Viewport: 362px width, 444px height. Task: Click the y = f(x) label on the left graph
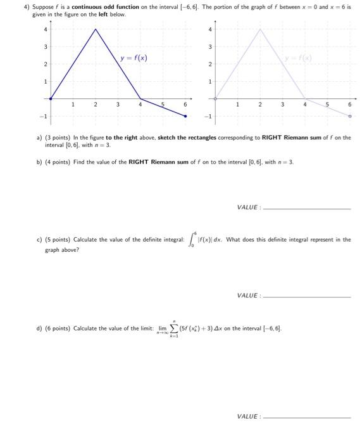(134, 58)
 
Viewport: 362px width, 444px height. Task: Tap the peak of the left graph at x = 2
(96, 29)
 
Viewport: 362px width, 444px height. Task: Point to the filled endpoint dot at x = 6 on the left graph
(185, 116)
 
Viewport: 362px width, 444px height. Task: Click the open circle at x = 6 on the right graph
(349, 116)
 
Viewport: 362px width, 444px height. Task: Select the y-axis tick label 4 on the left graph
(45, 29)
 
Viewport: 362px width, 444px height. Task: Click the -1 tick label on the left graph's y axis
(44, 117)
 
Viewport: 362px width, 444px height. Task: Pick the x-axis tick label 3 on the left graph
(118, 105)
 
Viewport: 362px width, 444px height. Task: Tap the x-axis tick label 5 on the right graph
(327, 105)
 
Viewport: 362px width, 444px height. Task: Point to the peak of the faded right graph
(259, 29)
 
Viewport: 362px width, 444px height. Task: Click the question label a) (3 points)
(51, 137)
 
